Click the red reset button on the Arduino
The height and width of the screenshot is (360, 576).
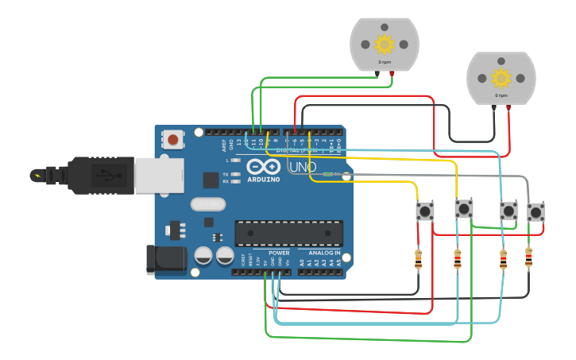pyautogui.click(x=172, y=140)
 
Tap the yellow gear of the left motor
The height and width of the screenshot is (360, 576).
pyautogui.click(x=385, y=44)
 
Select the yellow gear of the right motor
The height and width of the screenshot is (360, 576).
pyautogui.click(x=501, y=78)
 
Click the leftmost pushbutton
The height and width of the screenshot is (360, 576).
pyautogui.click(x=425, y=211)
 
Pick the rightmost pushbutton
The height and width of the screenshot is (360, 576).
pyautogui.click(x=536, y=212)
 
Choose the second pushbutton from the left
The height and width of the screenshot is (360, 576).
pyautogui.click(x=463, y=210)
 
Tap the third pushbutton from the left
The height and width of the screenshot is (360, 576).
pyautogui.click(x=508, y=211)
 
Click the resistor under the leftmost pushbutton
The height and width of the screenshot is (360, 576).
pyautogui.click(x=419, y=259)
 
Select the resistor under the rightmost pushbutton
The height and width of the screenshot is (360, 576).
pyautogui.click(x=529, y=257)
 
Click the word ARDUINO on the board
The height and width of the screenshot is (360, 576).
pyautogui.click(x=263, y=180)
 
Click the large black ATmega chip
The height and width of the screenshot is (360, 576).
pyautogui.click(x=288, y=233)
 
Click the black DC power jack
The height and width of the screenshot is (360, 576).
pyautogui.click(x=167, y=259)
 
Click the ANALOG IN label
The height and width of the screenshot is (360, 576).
pyautogui.click(x=324, y=253)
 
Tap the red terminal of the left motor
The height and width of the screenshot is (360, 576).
pyautogui.click(x=392, y=74)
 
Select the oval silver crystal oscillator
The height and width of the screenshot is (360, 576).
pyautogui.click(x=208, y=204)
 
